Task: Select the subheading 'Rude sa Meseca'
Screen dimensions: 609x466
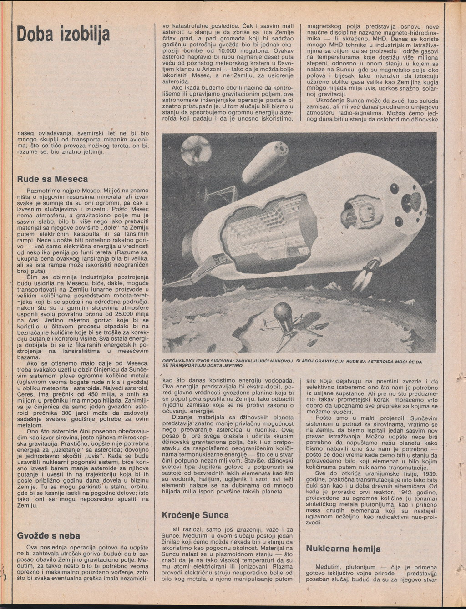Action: click(x=52, y=179)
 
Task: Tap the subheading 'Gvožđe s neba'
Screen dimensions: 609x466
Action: click(x=48, y=535)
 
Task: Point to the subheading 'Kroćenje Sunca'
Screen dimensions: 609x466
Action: click(x=195, y=515)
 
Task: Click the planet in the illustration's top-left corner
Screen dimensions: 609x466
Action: click(x=196, y=151)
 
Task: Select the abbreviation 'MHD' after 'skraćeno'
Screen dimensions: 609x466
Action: click(x=379, y=39)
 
